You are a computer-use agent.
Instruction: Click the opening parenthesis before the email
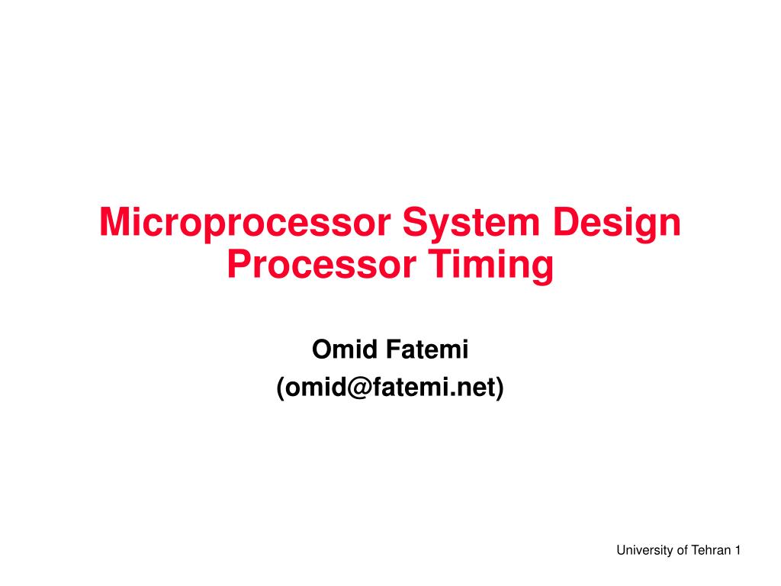click(x=281, y=388)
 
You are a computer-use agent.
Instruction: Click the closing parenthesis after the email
click(x=500, y=388)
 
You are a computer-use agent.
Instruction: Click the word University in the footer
click(x=644, y=550)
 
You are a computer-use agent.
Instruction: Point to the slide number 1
click(x=738, y=550)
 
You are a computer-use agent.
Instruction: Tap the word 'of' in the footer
click(x=682, y=550)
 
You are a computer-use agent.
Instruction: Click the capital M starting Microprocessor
click(x=114, y=223)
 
